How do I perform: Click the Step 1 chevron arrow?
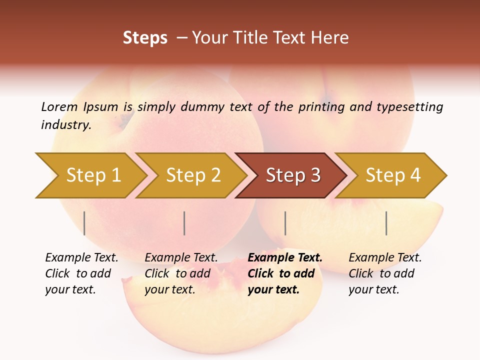92,175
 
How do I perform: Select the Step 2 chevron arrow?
192,175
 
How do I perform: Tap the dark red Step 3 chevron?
292,175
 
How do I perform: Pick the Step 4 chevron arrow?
392,175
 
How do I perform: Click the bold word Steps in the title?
145,38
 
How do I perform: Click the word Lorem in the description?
59,106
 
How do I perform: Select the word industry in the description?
65,124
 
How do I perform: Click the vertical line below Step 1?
84,223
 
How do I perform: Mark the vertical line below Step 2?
184,223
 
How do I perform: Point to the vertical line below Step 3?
285,223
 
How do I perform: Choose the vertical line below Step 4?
386,223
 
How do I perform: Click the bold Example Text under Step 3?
285,257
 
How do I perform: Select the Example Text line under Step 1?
81,257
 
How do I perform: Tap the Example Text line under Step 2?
181,257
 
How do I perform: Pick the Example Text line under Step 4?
385,257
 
